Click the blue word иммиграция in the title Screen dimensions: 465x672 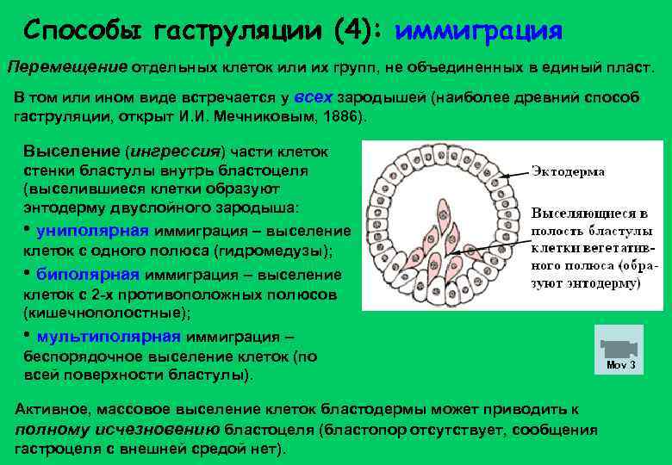[x=478, y=32]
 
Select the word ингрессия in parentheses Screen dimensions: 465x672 [x=175, y=152]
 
